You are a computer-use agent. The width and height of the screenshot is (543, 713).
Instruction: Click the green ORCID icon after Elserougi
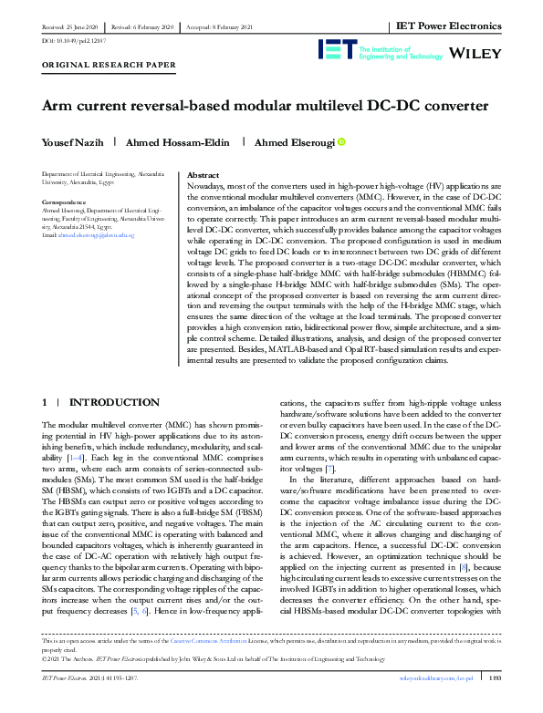pos(342,142)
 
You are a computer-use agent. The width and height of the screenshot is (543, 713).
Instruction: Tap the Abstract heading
pos(202,173)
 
